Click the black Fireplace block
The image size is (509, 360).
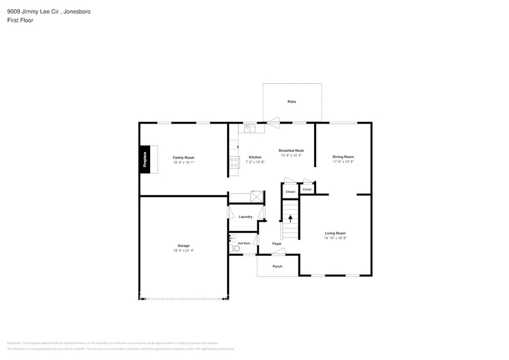[x=145, y=160]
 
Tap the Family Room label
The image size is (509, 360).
[x=183, y=158]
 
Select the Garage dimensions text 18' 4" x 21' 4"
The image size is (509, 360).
[x=183, y=250]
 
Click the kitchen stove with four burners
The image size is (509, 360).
[x=233, y=162]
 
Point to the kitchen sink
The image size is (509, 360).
[x=249, y=129]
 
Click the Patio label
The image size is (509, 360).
[x=292, y=101]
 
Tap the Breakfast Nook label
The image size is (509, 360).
[x=291, y=151]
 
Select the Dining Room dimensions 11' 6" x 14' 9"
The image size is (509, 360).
[x=343, y=162]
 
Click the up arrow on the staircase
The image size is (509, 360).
[x=290, y=217]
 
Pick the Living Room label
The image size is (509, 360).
[x=335, y=233]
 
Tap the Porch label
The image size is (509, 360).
[x=277, y=266]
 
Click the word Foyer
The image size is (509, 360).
[x=277, y=244]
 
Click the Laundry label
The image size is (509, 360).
[x=246, y=217]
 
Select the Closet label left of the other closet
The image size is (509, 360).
[x=290, y=192]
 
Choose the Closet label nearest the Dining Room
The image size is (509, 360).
[x=307, y=189]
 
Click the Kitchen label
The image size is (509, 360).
[x=255, y=157]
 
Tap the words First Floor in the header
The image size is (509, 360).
[x=21, y=20]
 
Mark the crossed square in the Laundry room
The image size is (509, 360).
[x=257, y=197]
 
